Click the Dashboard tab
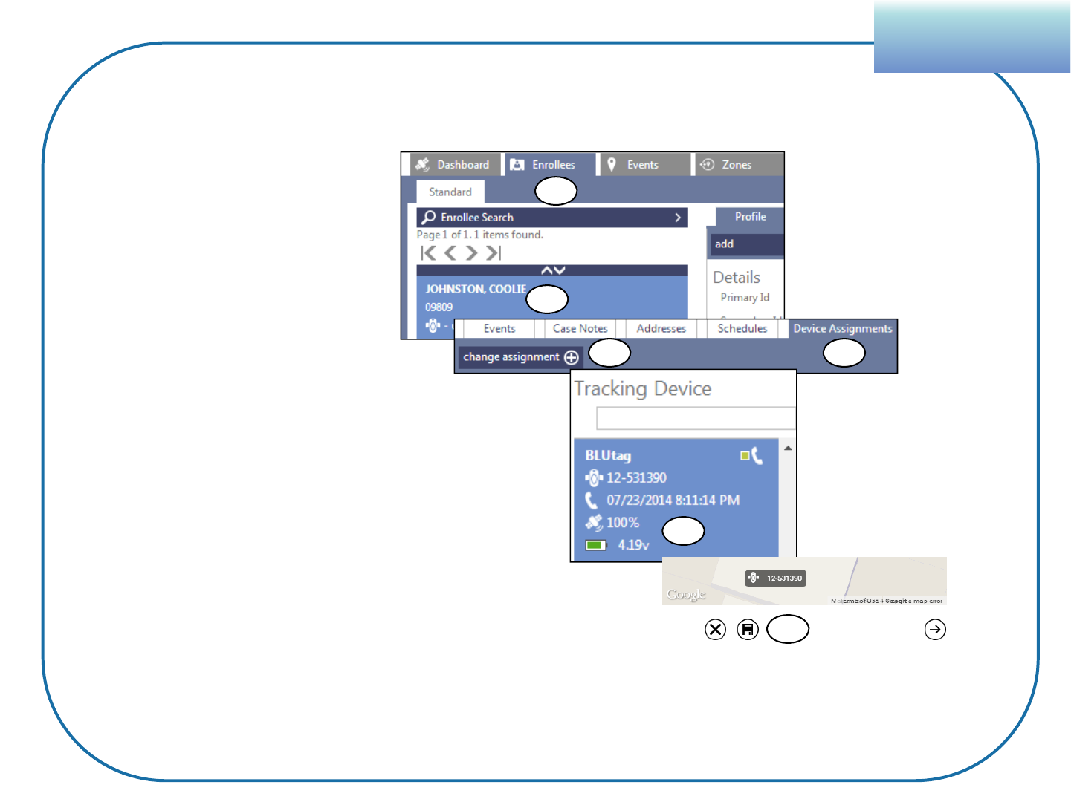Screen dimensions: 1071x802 453,165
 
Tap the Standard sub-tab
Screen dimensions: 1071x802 450,192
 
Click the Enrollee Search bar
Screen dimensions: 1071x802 551,218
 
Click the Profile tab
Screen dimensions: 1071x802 750,217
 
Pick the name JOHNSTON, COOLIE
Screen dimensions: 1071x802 476,289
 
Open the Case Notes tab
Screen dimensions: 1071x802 580,328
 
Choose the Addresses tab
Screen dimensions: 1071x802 661,328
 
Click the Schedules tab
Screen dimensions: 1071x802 742,328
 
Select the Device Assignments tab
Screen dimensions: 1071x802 842,328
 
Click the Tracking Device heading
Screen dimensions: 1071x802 643,389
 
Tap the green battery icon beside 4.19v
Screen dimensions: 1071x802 595,545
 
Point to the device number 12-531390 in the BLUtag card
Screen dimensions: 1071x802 636,477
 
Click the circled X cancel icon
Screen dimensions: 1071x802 715,630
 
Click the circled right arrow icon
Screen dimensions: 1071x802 935,630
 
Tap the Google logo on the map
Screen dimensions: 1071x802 686,595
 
